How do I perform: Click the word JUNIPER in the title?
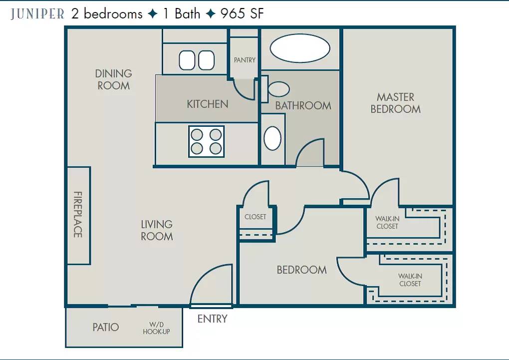37,14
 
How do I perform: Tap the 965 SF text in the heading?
242,13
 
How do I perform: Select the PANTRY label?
245,60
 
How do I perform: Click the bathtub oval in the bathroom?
300,48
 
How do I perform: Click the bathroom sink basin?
272,138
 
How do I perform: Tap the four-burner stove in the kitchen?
207,142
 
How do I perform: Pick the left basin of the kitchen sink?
187,60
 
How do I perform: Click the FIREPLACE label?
78,214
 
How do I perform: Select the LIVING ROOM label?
157,230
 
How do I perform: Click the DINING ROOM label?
114,79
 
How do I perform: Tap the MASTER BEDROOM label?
395,103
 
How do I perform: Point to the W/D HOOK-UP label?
157,328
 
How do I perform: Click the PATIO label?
105,327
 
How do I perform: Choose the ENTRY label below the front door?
212,319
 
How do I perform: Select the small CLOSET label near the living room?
255,217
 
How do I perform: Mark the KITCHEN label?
208,104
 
